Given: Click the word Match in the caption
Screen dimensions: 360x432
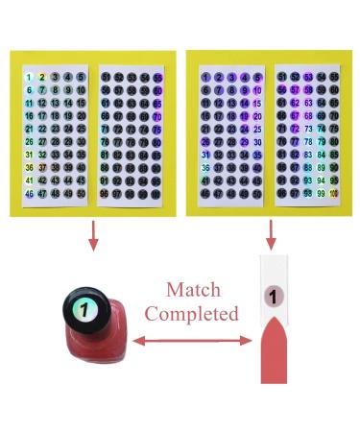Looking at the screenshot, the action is click(x=192, y=289).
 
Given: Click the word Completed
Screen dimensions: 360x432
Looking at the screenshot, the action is click(x=192, y=314).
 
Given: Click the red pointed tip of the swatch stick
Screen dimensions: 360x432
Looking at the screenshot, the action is click(x=274, y=354).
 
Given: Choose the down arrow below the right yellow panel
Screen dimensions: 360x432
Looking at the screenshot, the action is click(x=273, y=232).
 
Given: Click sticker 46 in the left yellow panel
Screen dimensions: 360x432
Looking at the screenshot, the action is click(x=30, y=193).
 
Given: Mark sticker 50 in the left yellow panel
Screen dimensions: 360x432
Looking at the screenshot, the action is click(x=81, y=193).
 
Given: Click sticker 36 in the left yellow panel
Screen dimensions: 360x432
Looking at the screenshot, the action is click(x=30, y=167).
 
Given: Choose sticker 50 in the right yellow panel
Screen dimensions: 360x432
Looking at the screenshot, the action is click(x=257, y=193).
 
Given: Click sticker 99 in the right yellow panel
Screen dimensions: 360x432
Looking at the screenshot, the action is click(x=321, y=193).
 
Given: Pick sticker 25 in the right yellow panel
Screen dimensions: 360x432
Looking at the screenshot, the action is click(x=257, y=129).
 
